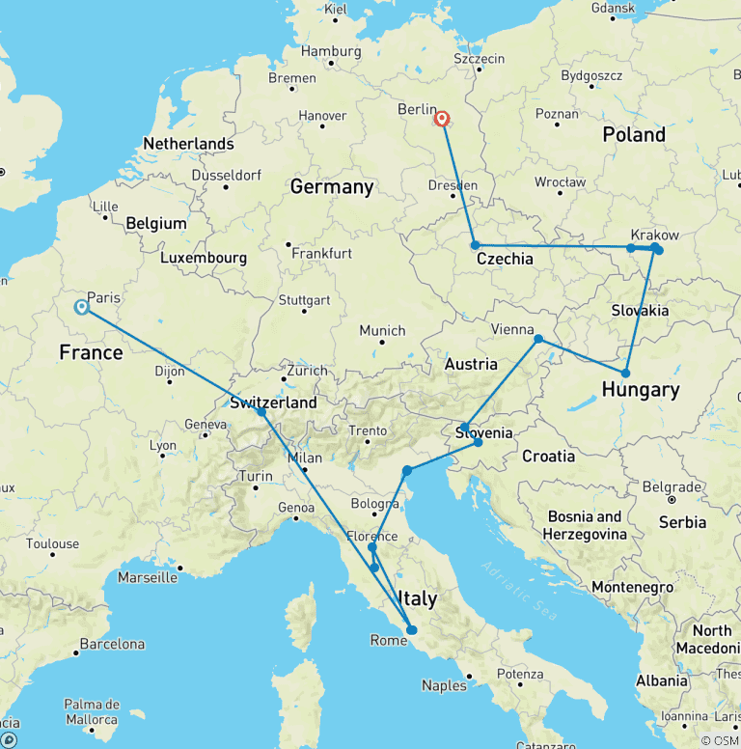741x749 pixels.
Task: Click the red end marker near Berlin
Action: (442, 119)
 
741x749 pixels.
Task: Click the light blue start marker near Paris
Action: (82, 307)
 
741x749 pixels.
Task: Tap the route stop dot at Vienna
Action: (538, 339)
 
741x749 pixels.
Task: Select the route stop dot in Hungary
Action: (626, 373)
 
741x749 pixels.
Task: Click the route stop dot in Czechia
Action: (475, 245)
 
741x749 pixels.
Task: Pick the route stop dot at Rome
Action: (412, 630)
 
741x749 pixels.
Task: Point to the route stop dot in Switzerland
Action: (261, 412)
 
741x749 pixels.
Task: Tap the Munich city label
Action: (382, 331)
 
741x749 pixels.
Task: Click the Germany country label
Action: (331, 187)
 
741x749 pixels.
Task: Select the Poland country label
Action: (634, 134)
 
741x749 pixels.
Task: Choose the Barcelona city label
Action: (112, 644)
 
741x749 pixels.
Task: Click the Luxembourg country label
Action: (204, 259)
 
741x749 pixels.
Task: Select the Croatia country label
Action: (547, 456)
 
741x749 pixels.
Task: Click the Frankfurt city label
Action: (324, 254)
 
